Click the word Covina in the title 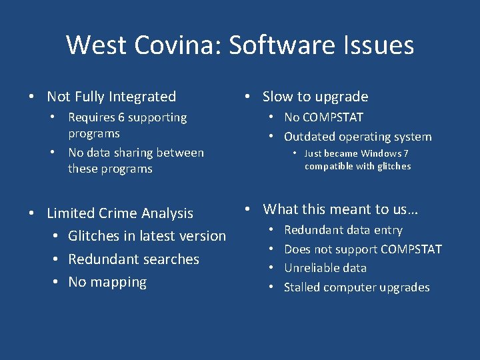pos(181,45)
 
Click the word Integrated pos(141,97)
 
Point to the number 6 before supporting pos(121,117)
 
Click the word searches pos(172,259)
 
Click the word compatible pos(330,167)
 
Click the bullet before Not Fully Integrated pos(31,97)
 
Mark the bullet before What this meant pos(247,209)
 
